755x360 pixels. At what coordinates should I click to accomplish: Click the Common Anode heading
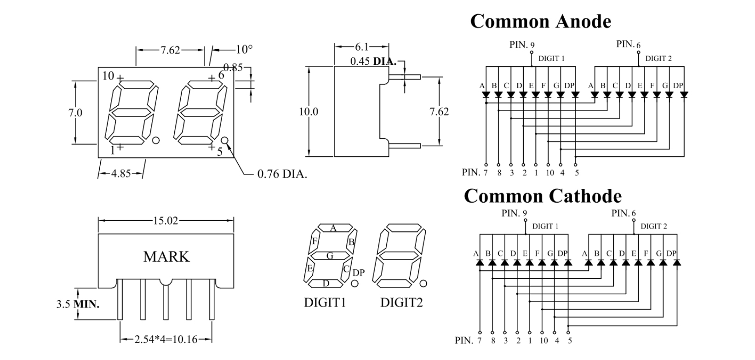pos(540,21)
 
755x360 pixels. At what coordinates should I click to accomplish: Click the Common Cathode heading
pos(543,196)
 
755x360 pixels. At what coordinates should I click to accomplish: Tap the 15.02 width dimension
pos(166,221)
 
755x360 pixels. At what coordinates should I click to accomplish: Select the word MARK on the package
pos(166,257)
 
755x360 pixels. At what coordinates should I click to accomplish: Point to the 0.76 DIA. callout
pos(282,174)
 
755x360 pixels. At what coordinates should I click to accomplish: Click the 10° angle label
pos(244,49)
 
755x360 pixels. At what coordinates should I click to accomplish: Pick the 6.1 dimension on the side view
pos(362,46)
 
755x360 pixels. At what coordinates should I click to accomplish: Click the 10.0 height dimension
pos(309,112)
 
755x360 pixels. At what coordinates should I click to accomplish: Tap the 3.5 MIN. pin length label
pos(77,304)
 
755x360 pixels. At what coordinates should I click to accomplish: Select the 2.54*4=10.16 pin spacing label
pos(166,340)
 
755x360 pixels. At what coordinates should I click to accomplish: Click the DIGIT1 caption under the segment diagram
pos(325,303)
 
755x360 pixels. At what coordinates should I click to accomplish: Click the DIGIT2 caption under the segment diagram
pos(401,303)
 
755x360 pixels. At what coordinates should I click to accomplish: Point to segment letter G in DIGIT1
pos(330,256)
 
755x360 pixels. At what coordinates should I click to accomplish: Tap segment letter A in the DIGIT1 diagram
pos(334,228)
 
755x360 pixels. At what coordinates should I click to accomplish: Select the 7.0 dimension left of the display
pos(75,113)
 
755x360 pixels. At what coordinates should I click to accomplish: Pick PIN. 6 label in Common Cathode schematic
pos(623,213)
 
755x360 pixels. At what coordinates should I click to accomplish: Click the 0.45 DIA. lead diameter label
pos(373,61)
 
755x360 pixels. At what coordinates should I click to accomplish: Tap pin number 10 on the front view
pos(108,75)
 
